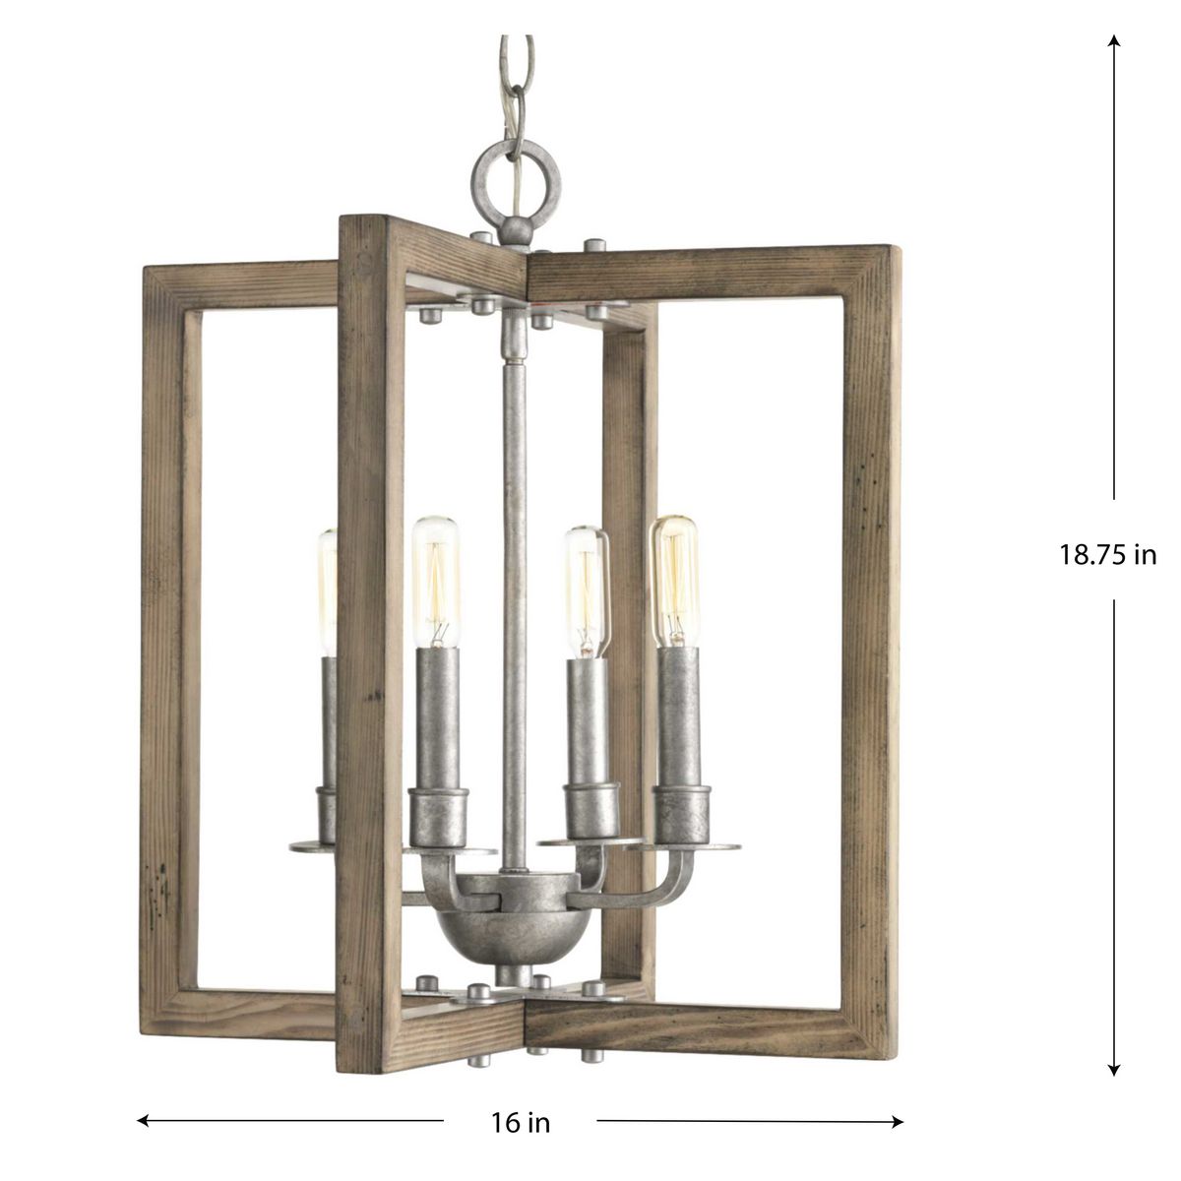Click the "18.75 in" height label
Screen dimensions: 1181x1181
click(x=1107, y=555)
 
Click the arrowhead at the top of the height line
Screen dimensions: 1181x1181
click(x=1114, y=40)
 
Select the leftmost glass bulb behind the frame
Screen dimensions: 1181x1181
click(x=328, y=592)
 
